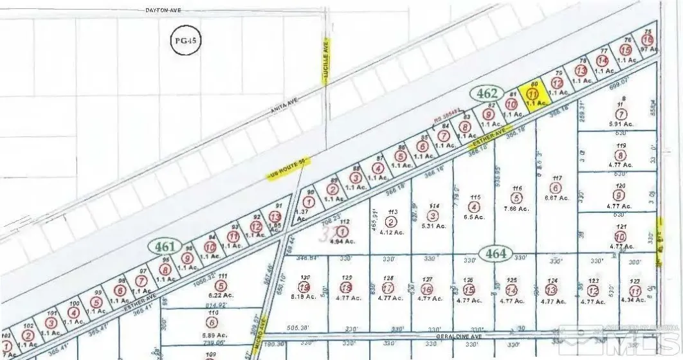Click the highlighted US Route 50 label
[289, 167]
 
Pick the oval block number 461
[165, 246]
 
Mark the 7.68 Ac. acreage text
[516, 208]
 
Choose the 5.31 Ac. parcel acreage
[433, 225]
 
